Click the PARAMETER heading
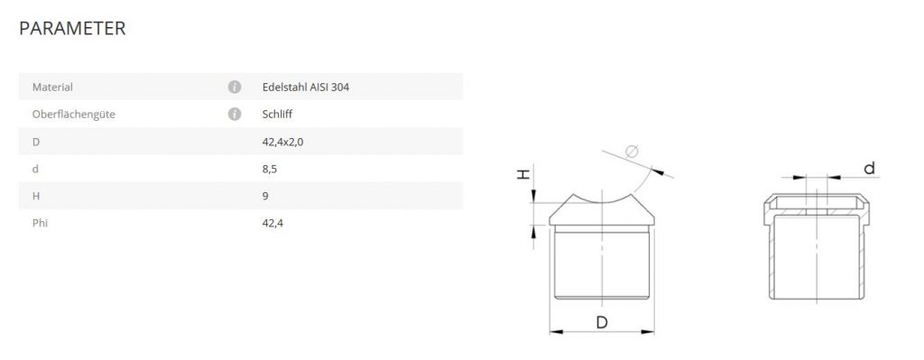pos(72,28)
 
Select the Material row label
pos(52,88)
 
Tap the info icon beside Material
pos(235,88)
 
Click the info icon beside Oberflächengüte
pos(235,115)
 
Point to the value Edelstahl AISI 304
pos(306,88)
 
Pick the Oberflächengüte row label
pos(74,115)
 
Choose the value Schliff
pos(277,115)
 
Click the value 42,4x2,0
pos(282,142)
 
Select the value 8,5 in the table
pos(270,169)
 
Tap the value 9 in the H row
pos(265,196)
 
